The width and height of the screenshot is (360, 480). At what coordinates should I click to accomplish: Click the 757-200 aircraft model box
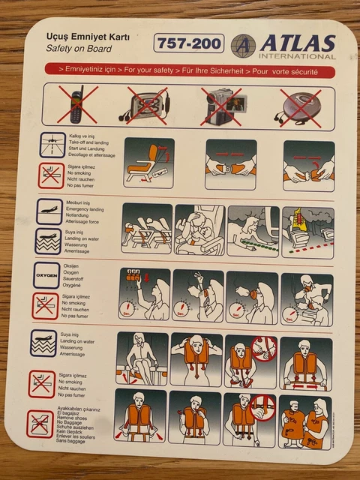189,43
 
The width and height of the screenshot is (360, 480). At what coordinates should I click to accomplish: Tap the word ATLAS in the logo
296,43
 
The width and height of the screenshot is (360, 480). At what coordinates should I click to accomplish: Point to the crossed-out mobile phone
83,104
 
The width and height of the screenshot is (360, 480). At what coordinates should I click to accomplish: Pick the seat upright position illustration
148,163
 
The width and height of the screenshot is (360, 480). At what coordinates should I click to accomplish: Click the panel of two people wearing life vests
304,417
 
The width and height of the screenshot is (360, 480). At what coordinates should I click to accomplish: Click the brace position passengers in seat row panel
146,229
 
